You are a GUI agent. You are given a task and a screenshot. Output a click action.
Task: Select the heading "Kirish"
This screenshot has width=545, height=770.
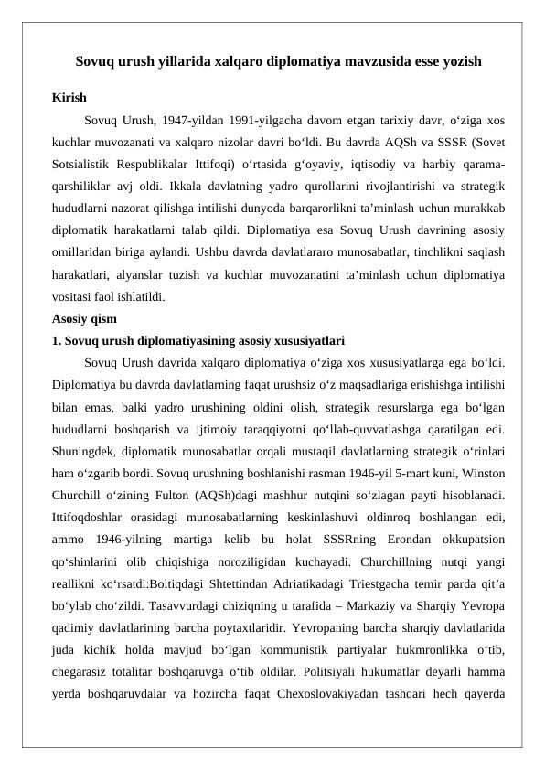coord(69,97)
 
